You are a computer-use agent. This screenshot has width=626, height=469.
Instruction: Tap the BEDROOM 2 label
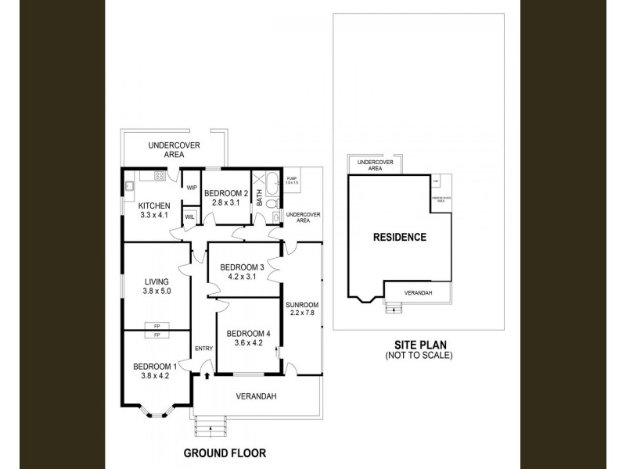[225, 194]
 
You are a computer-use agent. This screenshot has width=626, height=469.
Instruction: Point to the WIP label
[191, 188]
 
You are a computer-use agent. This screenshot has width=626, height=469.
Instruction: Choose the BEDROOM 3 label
[243, 265]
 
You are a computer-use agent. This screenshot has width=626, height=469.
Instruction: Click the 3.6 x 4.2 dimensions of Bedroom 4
[246, 342]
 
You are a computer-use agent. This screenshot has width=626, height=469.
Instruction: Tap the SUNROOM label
[301, 305]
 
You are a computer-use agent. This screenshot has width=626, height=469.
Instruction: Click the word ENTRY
[203, 349]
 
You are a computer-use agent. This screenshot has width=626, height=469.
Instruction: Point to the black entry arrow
[207, 376]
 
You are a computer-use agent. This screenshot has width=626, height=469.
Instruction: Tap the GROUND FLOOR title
[225, 453]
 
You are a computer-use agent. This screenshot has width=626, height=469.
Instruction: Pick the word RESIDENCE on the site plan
[399, 238]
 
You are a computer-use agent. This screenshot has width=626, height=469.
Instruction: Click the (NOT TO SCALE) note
[419, 356]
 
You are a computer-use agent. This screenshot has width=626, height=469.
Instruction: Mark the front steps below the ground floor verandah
[209, 426]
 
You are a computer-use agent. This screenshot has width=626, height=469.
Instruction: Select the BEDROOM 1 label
[154, 367]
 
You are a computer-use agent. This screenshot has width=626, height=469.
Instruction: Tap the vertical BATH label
[260, 199]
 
